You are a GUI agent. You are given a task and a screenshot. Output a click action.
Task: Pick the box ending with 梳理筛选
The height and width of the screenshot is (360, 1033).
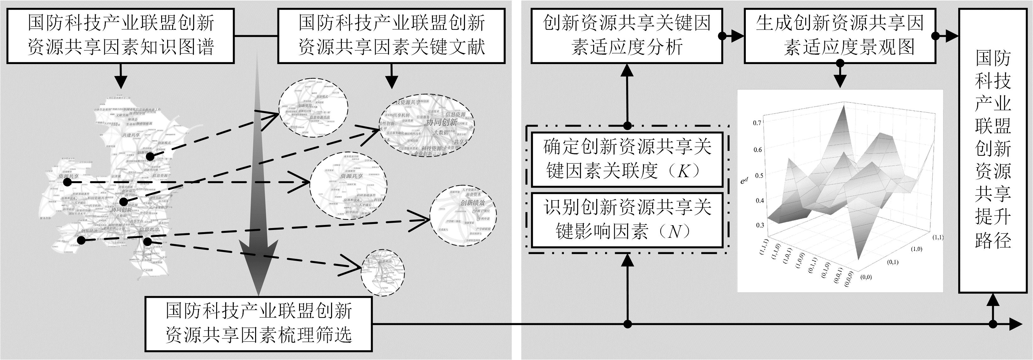(x=259, y=323)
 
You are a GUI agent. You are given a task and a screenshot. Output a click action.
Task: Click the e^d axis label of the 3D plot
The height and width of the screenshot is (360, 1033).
(x=745, y=181)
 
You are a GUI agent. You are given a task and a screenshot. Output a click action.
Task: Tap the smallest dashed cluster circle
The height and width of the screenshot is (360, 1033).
(x=382, y=272)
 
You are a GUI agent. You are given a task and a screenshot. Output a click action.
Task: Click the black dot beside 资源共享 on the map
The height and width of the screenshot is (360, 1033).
(x=67, y=183)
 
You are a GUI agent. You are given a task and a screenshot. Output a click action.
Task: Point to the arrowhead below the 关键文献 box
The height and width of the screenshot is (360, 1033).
(x=391, y=83)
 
